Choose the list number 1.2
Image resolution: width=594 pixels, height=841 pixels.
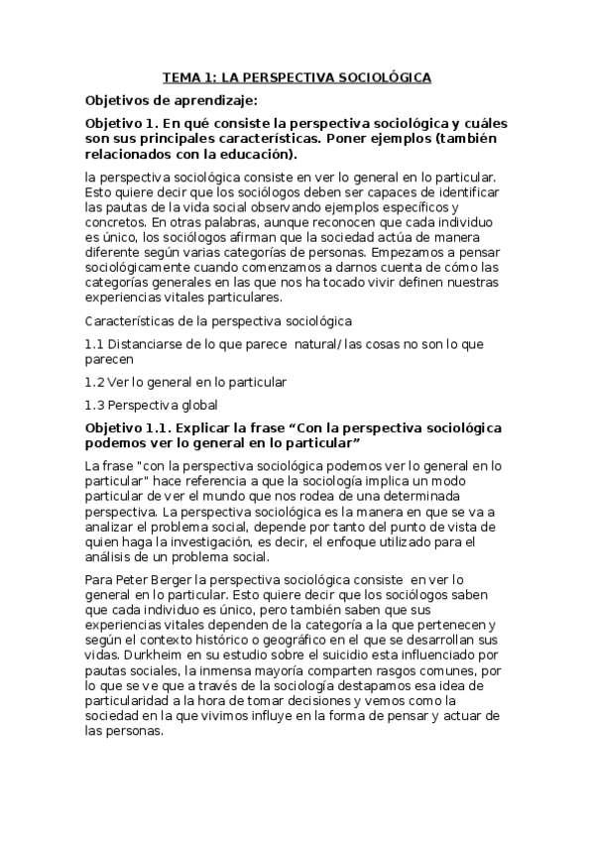tap(95, 381)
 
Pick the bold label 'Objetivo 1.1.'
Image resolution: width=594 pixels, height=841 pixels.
tap(132, 426)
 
